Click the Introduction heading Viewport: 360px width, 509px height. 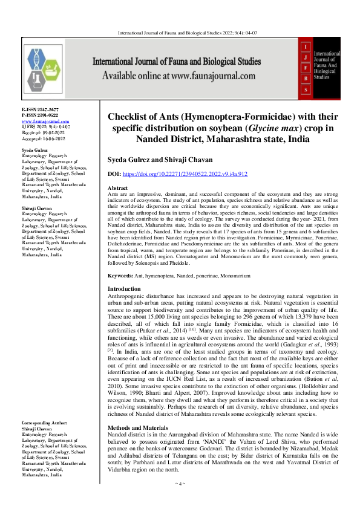[123, 290]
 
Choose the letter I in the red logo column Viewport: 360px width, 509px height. [306, 45]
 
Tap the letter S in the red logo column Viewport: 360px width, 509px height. [306, 89]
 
